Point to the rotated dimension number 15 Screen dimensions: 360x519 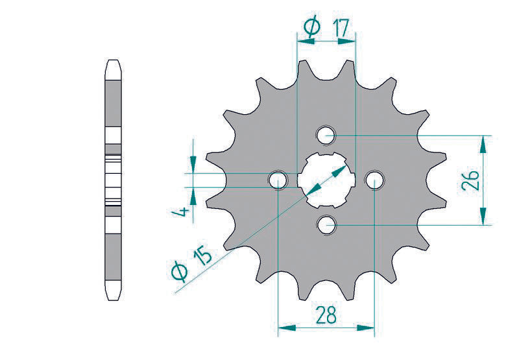[202, 256]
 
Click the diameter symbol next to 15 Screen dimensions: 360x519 [181, 272]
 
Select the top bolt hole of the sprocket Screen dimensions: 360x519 [326, 136]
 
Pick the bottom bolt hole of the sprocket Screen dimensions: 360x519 [326, 224]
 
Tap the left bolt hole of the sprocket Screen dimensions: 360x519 [278, 180]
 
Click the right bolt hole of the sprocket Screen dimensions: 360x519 [374, 180]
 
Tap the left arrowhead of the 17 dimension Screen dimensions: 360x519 [302, 41]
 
